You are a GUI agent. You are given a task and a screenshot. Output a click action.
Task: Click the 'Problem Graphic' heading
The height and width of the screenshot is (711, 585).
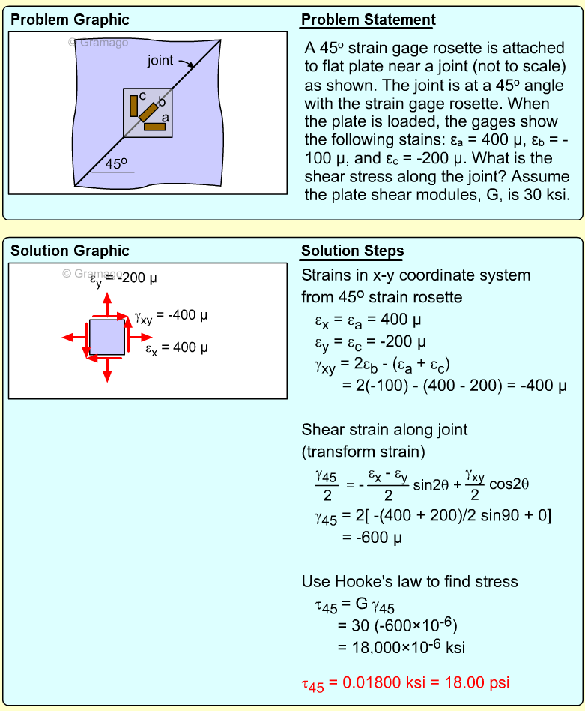(70, 20)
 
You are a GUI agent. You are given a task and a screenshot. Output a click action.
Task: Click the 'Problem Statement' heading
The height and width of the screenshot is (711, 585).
(368, 20)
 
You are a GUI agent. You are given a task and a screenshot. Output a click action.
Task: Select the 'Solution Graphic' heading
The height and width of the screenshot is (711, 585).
(70, 251)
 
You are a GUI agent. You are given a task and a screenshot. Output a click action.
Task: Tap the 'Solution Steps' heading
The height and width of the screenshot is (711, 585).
(352, 251)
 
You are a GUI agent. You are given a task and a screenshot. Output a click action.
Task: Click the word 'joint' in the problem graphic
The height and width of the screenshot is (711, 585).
(160, 60)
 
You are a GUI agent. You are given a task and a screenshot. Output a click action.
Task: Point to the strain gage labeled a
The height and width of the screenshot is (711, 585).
(154, 127)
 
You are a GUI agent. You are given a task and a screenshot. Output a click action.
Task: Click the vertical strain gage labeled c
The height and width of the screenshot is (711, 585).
(134, 106)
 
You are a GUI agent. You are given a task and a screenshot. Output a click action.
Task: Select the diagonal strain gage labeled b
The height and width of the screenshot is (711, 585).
(148, 112)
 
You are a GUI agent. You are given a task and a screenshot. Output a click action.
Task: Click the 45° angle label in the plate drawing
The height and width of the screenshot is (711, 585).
(116, 163)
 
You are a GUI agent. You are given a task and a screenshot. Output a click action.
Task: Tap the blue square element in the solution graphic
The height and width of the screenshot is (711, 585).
(107, 337)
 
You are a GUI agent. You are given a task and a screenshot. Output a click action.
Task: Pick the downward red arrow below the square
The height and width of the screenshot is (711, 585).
(107, 369)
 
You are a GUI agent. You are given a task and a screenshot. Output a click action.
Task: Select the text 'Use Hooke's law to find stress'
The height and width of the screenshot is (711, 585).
(409, 581)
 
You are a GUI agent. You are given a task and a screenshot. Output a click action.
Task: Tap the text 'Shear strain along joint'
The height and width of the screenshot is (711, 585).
(384, 430)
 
